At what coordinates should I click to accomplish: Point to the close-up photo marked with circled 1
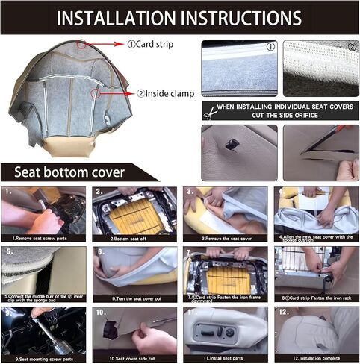tap(239, 69)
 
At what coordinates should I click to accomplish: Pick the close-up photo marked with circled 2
tap(320, 69)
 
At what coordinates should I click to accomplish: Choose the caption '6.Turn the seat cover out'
tap(133, 298)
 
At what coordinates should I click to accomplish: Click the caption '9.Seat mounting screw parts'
tap(44, 359)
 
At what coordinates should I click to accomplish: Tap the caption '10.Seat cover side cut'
tap(133, 359)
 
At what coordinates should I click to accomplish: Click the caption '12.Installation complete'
tap(314, 359)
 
